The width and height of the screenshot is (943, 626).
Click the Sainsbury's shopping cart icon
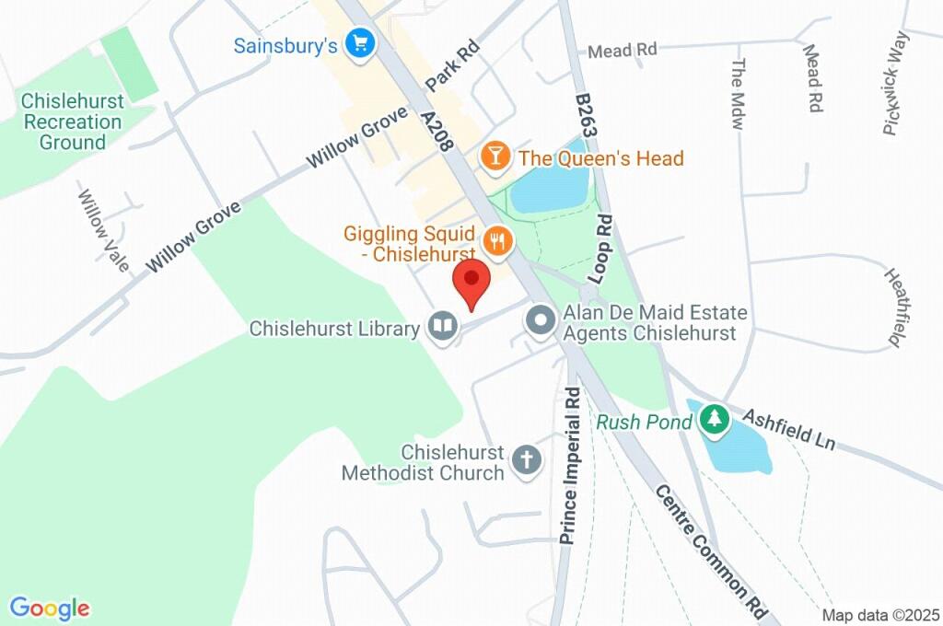click(358, 42)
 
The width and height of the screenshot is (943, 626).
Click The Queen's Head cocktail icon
click(496, 156)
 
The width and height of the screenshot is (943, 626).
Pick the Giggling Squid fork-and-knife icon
click(498, 241)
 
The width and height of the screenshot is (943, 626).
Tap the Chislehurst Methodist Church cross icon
click(527, 460)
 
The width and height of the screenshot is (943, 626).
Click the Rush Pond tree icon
click(714, 420)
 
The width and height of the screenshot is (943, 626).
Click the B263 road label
click(588, 115)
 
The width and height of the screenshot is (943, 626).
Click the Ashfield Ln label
click(788, 428)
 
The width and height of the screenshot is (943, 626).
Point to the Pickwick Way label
click(896, 83)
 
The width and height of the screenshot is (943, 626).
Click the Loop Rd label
click(601, 248)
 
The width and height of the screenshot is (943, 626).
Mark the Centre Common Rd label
click(712, 550)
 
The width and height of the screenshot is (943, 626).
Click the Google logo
click(50, 608)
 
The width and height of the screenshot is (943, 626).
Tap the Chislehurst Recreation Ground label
click(71, 122)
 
